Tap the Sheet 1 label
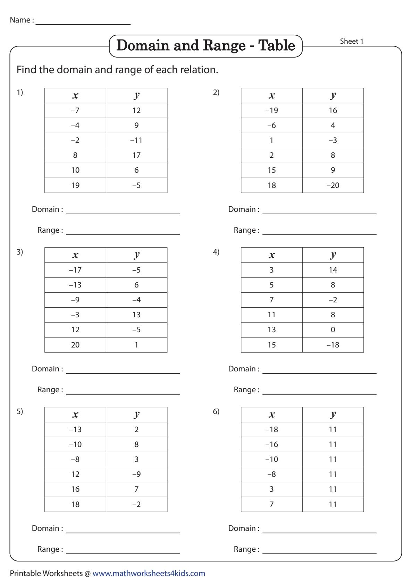(x=352, y=41)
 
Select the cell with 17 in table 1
(x=136, y=155)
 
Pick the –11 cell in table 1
(x=136, y=140)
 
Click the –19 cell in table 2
(x=271, y=111)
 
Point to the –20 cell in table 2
(x=333, y=186)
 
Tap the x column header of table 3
(x=75, y=255)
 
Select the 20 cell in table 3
(x=75, y=345)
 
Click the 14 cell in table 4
(x=333, y=270)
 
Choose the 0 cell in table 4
(x=333, y=330)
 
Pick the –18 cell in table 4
(x=333, y=345)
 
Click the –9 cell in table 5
(x=136, y=474)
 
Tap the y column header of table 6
(x=333, y=414)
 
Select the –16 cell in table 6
(x=271, y=445)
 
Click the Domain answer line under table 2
(x=319, y=211)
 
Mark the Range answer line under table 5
(x=123, y=550)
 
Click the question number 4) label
(x=216, y=252)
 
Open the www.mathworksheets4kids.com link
(x=149, y=574)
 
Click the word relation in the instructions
(x=200, y=70)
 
